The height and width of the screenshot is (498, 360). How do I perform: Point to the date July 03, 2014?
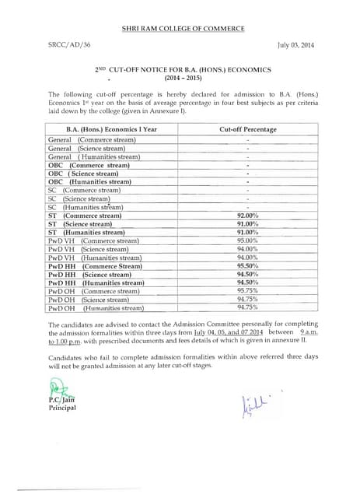pyautogui.click(x=296, y=46)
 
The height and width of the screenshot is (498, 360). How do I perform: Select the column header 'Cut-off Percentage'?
pyautogui.click(x=247, y=128)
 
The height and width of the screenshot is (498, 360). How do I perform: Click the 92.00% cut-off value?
pyautogui.click(x=247, y=216)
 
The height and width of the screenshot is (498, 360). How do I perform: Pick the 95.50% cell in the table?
pyautogui.click(x=247, y=266)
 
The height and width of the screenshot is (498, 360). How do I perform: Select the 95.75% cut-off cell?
pyautogui.click(x=247, y=291)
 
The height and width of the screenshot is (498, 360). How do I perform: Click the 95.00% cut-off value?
pyautogui.click(x=247, y=240)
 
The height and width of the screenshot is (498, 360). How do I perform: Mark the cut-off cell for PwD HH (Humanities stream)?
pyautogui.click(x=247, y=282)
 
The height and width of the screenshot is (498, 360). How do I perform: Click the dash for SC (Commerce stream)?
pyautogui.click(x=247, y=191)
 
